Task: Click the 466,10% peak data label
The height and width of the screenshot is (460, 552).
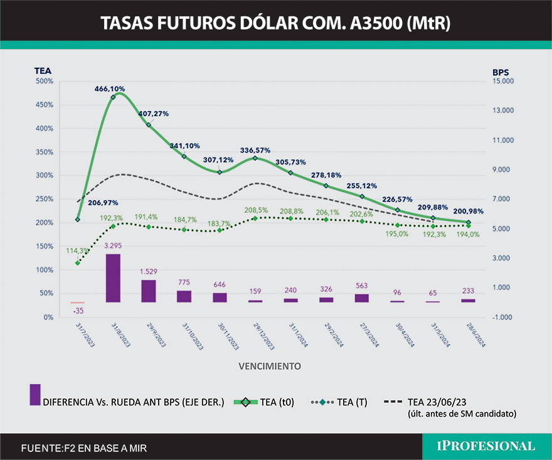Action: point(110,89)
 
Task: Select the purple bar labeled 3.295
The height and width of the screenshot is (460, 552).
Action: point(113,278)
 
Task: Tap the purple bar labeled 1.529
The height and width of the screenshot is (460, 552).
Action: point(149,291)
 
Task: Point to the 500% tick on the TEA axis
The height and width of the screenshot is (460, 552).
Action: point(44,82)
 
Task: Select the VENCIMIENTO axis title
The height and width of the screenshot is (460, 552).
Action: point(269,365)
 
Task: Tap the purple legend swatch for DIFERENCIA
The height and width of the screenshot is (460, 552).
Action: point(35,395)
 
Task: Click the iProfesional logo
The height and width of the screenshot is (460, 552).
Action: point(487,446)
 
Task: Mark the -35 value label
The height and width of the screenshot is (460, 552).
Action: point(78,310)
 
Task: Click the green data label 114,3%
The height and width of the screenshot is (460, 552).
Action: point(77,250)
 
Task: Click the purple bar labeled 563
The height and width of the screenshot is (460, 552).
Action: point(362,297)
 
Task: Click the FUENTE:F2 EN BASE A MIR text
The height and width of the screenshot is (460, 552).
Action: point(85,448)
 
